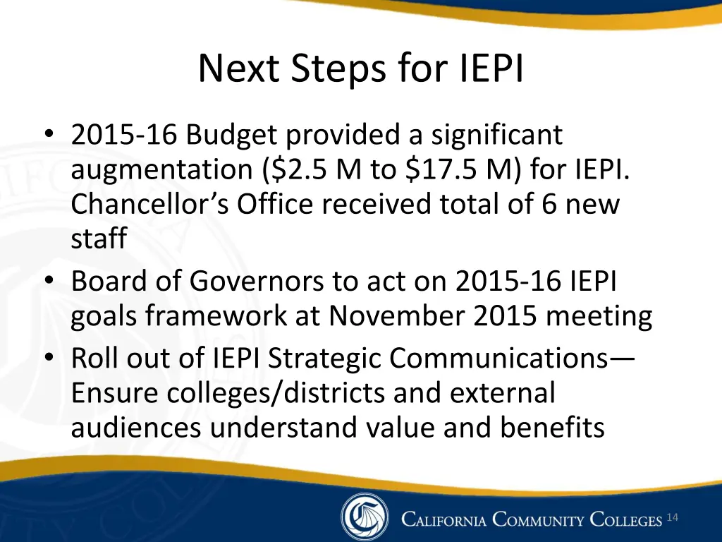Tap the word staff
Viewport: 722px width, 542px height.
[x=98, y=239]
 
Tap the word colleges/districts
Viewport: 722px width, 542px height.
[x=277, y=392]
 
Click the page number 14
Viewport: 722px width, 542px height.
[x=672, y=519]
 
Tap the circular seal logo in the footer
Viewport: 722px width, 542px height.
[x=364, y=517]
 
